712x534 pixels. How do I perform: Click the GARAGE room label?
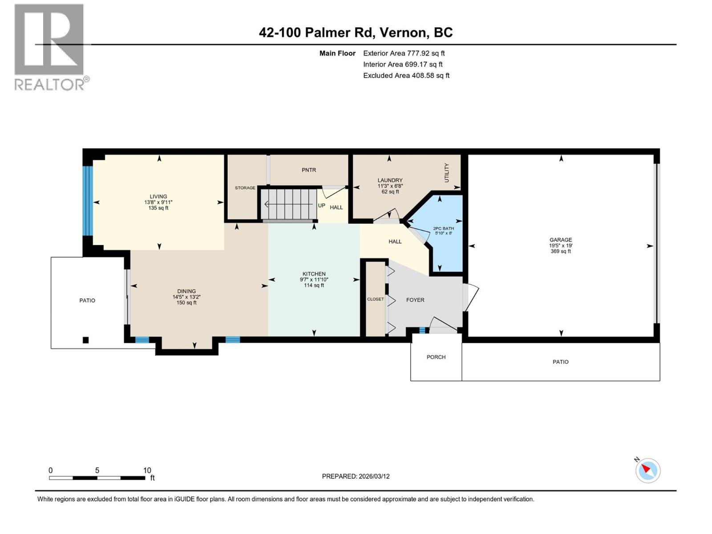(x=560, y=240)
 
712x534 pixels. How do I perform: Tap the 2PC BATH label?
(x=443, y=229)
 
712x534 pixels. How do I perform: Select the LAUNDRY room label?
(x=390, y=180)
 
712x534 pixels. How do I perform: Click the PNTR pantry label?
(x=309, y=170)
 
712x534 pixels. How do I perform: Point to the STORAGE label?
(x=245, y=188)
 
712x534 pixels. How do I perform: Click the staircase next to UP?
(x=288, y=204)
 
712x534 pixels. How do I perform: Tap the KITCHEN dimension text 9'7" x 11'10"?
(x=314, y=280)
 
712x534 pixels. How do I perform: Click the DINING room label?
(x=186, y=291)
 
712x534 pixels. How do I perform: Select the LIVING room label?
(x=158, y=196)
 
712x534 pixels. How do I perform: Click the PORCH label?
(x=436, y=357)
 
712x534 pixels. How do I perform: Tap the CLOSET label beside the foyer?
(x=375, y=299)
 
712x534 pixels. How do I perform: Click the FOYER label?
(x=415, y=300)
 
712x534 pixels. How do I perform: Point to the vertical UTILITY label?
(x=447, y=173)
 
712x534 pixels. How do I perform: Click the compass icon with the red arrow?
(x=647, y=470)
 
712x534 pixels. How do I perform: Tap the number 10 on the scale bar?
(x=147, y=470)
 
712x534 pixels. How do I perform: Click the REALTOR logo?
(x=49, y=47)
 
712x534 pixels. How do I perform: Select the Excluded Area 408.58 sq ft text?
(x=406, y=76)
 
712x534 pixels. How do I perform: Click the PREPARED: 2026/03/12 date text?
(x=356, y=476)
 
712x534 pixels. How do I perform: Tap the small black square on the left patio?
(x=86, y=340)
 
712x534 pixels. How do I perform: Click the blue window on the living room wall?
(x=89, y=201)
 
